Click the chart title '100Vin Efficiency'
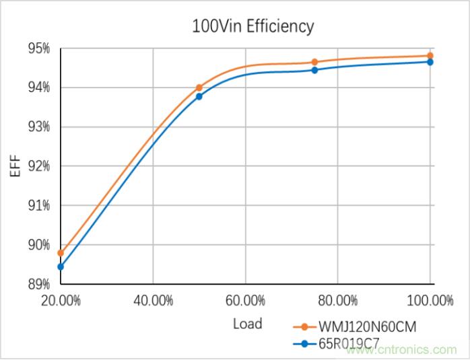(253, 26)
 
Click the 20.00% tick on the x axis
(61, 301)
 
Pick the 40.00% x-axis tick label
(154, 301)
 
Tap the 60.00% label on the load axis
(246, 301)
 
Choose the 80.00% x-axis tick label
(338, 301)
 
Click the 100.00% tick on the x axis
(430, 301)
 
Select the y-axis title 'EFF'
(15, 166)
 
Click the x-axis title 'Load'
(247, 324)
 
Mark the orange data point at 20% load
(61, 253)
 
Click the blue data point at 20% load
(61, 266)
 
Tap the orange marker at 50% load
(199, 87)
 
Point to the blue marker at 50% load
(199, 96)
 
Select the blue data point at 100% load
(430, 62)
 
